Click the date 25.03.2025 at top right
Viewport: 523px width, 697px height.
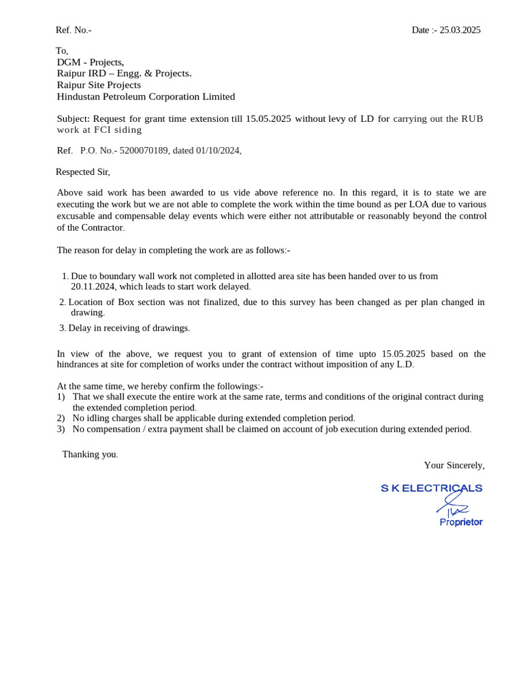pos(460,30)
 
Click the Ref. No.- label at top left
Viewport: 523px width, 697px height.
pos(74,30)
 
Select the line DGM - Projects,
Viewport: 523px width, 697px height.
pos(91,62)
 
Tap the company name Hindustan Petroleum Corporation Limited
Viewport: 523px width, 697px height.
pos(146,97)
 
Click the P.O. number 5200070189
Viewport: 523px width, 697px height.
pos(144,150)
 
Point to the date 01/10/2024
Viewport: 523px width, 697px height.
pos(218,150)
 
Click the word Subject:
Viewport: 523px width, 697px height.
pos(73,118)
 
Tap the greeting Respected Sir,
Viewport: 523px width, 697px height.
pos(83,172)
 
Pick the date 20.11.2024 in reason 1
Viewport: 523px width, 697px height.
pos(93,287)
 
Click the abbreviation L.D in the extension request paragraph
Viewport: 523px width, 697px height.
pos(405,364)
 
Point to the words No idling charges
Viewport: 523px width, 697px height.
pos(107,418)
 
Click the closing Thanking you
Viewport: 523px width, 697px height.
pos(90,454)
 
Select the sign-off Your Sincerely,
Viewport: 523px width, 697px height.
pos(454,466)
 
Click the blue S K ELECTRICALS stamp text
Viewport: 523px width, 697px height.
pos(431,488)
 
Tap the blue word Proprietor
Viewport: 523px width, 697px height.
pos(461,522)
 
